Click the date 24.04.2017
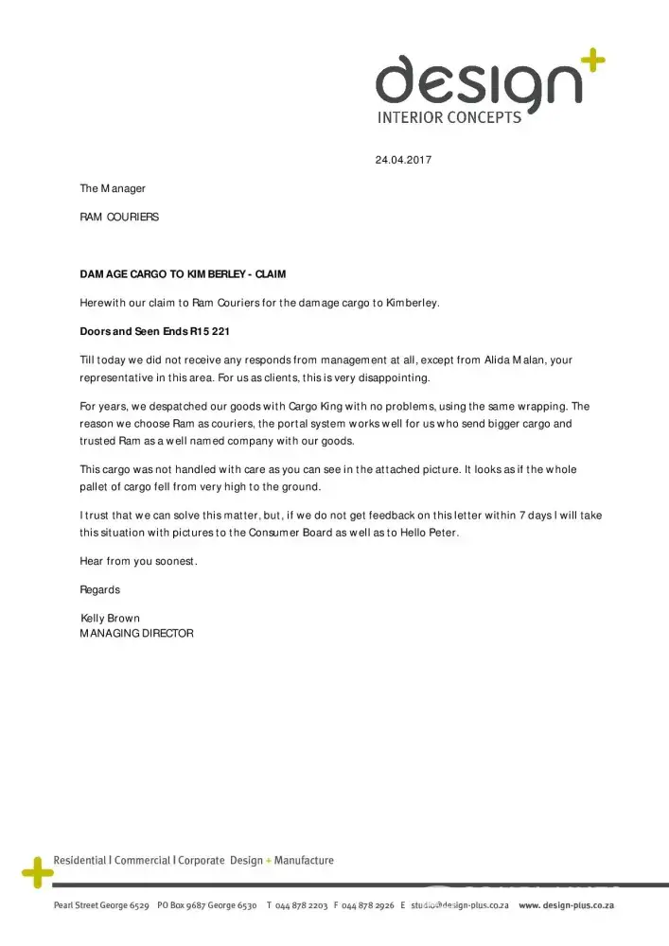403,160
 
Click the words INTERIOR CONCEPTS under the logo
449,118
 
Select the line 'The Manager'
113,188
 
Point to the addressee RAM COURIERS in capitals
119,217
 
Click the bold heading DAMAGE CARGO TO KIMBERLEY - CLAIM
183,274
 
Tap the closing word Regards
100,589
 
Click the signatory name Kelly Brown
111,619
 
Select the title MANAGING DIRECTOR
137,633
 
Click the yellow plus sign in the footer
36,871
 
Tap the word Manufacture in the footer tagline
304,860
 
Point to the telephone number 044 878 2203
301,905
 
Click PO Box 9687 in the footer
183,905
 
